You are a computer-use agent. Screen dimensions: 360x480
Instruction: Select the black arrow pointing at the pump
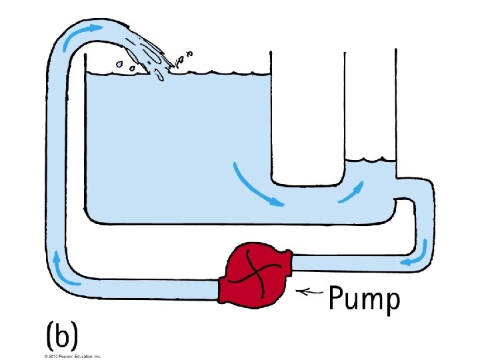311,291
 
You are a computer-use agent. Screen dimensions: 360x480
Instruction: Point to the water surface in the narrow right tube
371,161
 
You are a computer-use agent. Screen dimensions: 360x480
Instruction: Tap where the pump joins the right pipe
292,261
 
